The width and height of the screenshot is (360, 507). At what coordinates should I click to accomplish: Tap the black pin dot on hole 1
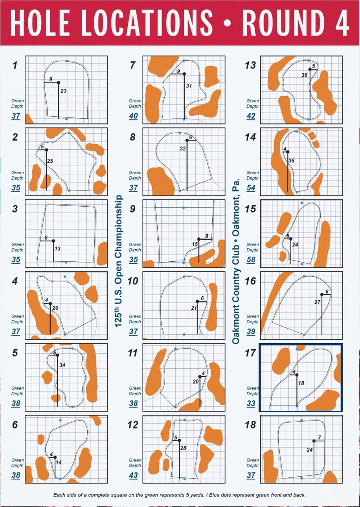tap(59, 83)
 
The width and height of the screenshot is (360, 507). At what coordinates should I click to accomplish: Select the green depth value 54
tap(251, 187)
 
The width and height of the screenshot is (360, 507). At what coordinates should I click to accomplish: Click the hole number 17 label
tap(250, 353)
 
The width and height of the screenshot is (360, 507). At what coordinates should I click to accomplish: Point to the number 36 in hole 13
tap(304, 75)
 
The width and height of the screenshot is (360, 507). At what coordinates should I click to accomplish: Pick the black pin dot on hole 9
tap(199, 239)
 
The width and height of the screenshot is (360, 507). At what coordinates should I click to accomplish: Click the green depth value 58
tap(251, 260)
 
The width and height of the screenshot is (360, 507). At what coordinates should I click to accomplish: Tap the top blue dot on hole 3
tap(66, 205)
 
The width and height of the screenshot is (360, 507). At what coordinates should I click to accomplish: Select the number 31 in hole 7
tap(189, 86)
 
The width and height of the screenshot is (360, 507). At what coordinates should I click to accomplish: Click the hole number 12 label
tap(133, 425)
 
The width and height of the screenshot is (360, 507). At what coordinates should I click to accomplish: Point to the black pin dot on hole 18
tap(314, 441)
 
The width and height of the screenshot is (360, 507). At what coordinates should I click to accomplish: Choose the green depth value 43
tap(133, 475)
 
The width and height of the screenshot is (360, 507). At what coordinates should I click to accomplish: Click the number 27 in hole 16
tap(318, 302)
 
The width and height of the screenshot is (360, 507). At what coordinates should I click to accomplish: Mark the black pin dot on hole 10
tap(197, 301)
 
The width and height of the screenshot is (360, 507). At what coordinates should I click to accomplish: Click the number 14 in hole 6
tap(59, 462)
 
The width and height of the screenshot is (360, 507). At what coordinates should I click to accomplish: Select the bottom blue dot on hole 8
tap(180, 191)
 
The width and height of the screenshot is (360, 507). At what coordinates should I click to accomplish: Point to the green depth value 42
tap(251, 116)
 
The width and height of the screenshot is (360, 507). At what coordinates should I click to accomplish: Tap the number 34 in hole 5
tap(62, 365)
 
